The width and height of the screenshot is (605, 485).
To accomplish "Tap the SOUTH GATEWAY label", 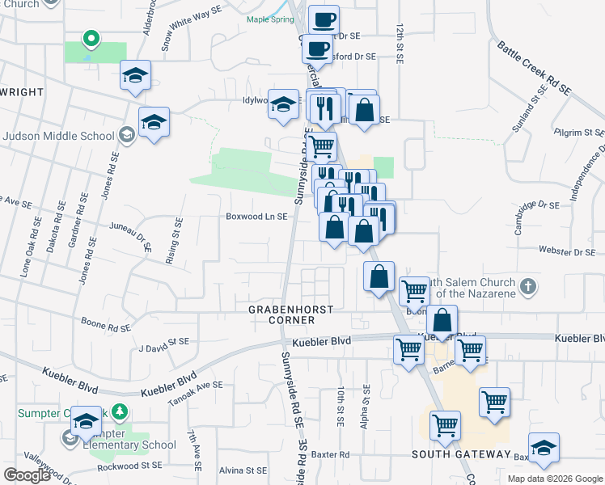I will point(461,454).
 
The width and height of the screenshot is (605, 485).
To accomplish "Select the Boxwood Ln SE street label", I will point(257,217).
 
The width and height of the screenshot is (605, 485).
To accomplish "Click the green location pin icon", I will point(91,37).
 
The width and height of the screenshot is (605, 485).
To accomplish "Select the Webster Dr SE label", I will point(567,253).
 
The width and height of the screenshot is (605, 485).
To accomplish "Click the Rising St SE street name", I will point(174,240).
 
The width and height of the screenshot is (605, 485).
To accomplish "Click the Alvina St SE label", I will point(243,470).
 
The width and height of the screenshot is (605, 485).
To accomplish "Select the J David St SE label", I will point(163,348).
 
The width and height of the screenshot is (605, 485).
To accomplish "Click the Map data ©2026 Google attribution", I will point(554,479).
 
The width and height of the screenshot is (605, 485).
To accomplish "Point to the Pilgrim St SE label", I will point(579,131).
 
